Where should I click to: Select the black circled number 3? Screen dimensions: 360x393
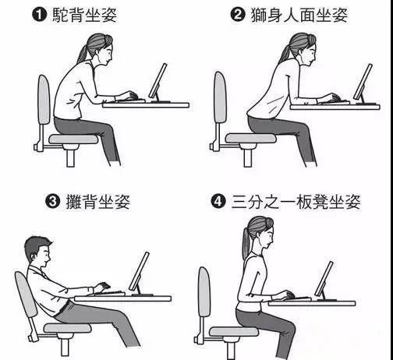[x=53, y=203]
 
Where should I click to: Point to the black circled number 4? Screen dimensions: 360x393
[x=220, y=203]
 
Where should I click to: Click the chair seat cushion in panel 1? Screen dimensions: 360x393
[x=73, y=139]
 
